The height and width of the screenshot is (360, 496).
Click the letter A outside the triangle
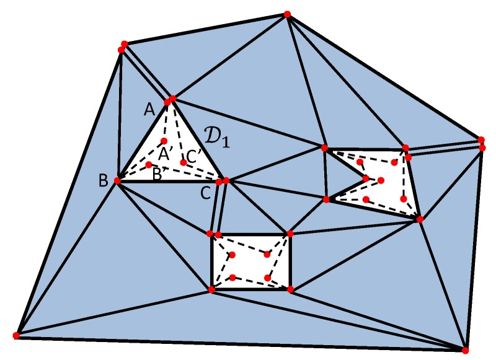[149, 110]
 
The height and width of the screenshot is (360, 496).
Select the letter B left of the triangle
[103, 182]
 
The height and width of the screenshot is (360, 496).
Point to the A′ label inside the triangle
[165, 153]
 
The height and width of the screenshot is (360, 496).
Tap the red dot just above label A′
[164, 141]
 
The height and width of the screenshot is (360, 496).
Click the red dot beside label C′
[183, 162]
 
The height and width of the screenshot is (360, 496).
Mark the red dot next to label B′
[149, 164]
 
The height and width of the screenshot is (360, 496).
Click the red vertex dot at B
[116, 182]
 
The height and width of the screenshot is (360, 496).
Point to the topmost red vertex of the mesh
[286, 14]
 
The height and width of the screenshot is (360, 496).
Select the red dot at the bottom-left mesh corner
[16, 335]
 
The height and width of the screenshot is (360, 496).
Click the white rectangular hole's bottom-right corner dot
[290, 289]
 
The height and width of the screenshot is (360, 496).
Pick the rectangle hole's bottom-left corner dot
[211, 289]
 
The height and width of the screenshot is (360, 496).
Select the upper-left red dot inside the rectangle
[232, 255]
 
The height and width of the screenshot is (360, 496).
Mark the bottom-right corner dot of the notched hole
[420, 219]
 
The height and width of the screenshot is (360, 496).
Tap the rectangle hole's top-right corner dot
[290, 233]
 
